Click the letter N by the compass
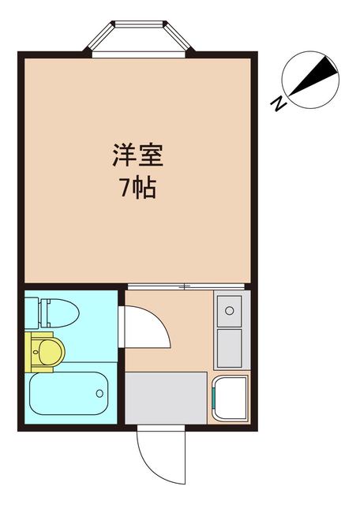tap(278, 103)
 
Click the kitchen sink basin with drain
tap(230, 310)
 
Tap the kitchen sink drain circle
tap(231, 308)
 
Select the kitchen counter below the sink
tap(230, 347)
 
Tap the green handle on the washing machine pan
tap(216, 386)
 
